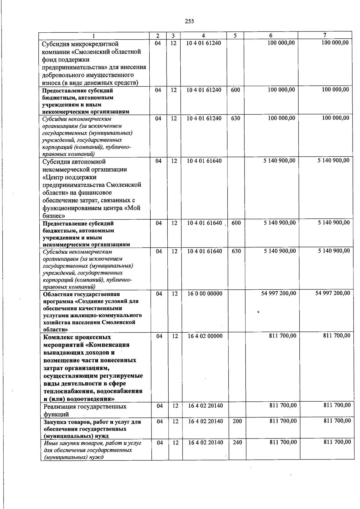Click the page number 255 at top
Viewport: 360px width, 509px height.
pyautogui.click(x=189, y=21)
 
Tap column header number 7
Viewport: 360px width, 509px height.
pyautogui.click(x=325, y=35)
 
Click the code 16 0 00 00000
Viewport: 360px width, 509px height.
pyautogui.click(x=205, y=294)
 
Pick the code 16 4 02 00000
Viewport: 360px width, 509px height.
pyautogui.click(x=205, y=336)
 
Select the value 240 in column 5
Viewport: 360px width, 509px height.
pyautogui.click(x=237, y=442)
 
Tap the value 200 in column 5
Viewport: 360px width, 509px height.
pyautogui.click(x=237, y=421)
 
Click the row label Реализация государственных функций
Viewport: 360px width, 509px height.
pyautogui.click(x=85, y=410)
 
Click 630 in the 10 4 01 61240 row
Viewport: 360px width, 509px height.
pyautogui.click(x=235, y=118)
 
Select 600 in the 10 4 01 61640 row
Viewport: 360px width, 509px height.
pyautogui.click(x=236, y=223)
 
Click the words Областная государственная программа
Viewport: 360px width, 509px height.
pyautogui.click(x=81, y=294)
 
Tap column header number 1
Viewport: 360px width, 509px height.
pyautogui.click(x=94, y=36)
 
